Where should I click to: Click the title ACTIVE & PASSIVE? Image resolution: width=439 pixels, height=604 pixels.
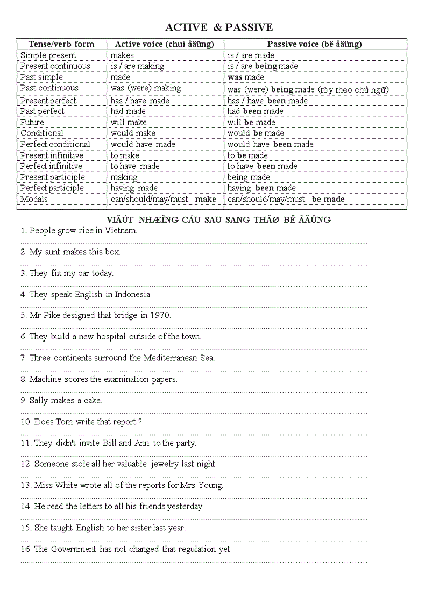219,27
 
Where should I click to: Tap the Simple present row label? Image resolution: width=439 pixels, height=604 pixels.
48,55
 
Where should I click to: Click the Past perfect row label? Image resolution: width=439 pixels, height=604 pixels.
42,111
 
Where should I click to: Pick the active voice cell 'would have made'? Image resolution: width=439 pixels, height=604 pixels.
143,144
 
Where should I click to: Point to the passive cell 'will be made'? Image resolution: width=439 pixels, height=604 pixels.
251,123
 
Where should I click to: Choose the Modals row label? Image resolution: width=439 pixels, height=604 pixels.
34,200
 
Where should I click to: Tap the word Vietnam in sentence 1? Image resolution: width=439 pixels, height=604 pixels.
121,231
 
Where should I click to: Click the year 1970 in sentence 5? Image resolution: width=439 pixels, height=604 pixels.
160,316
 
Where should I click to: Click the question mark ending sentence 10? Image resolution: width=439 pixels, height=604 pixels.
140,422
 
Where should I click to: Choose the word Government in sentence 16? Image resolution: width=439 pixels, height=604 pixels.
73,549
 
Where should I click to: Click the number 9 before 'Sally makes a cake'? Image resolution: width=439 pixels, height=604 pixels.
23,401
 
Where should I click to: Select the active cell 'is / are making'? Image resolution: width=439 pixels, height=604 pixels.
137,66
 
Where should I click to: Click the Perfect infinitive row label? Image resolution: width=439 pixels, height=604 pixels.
51,166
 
